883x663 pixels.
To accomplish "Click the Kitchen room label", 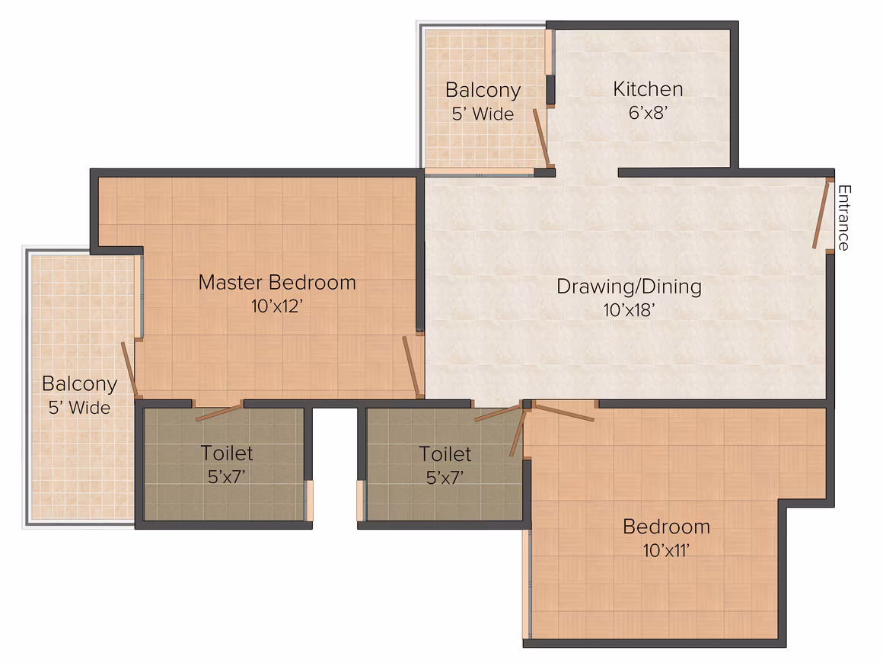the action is [648, 89].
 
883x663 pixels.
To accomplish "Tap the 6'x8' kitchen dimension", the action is [648, 113].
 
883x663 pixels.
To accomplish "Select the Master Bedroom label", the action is [277, 283].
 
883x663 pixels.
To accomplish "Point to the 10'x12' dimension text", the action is [276, 306].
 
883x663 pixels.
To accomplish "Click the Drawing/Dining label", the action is [629, 287].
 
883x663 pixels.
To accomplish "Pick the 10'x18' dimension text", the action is [629, 310].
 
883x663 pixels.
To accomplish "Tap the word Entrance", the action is [843, 218].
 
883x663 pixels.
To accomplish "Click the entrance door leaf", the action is [821, 214].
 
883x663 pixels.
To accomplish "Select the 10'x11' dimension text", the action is [666, 550].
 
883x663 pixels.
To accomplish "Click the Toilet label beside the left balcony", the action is [226, 453].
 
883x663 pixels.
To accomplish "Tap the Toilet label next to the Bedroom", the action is [445, 454].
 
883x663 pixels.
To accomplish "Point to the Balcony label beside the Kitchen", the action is [483, 90].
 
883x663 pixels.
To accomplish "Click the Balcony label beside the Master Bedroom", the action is [79, 384].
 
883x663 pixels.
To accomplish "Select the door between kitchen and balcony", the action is [542, 137].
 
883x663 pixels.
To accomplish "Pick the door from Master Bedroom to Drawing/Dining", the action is [411, 366].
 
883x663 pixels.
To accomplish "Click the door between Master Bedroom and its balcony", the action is [129, 369].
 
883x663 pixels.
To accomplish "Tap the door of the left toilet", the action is [219, 413].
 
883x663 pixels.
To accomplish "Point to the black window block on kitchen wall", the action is [550, 90].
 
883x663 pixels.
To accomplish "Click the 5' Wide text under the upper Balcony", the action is [483, 114].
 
